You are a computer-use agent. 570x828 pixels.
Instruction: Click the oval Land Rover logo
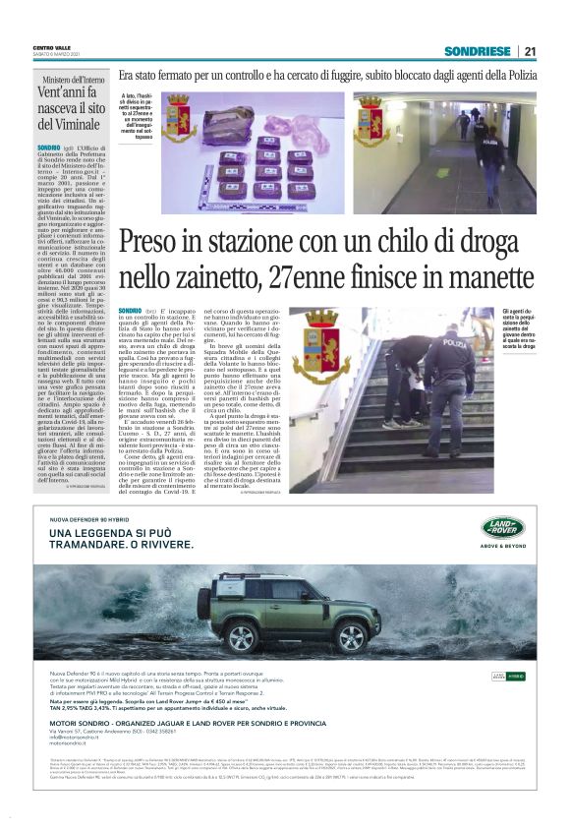502,529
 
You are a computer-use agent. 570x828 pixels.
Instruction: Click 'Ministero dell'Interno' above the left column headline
74,80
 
